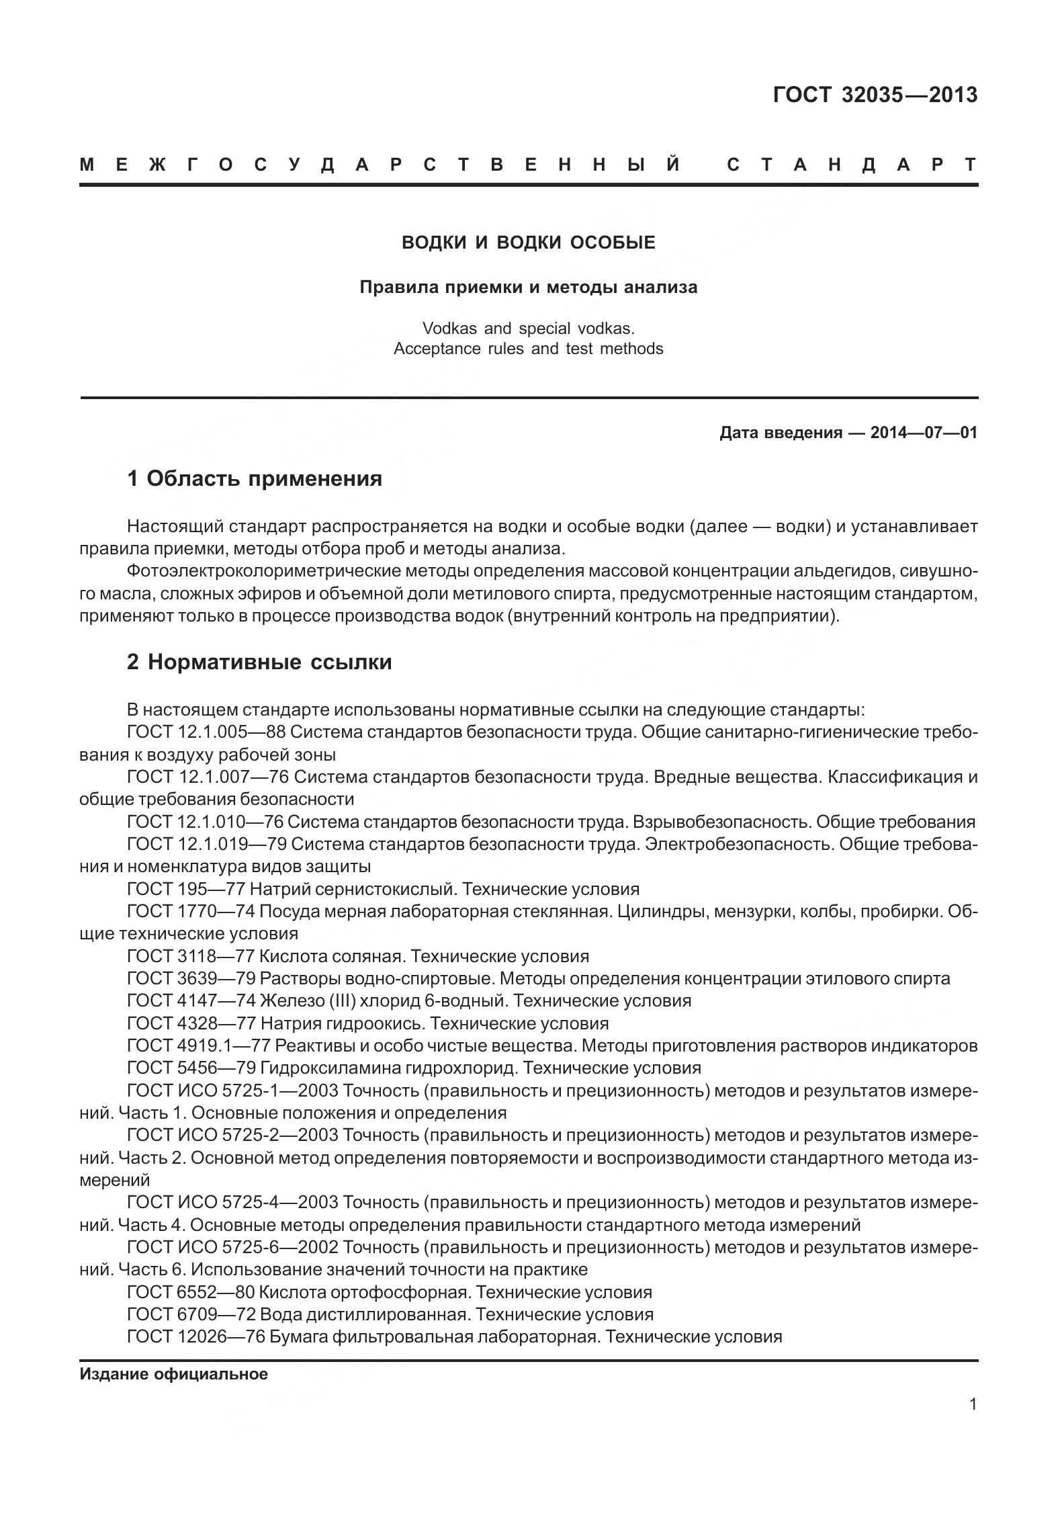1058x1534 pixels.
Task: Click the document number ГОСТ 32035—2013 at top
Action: [x=875, y=95]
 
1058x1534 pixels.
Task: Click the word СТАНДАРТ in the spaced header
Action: [x=852, y=165]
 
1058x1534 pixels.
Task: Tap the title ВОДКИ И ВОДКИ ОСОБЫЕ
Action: [x=528, y=243]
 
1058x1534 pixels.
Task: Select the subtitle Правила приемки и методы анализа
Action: [x=528, y=288]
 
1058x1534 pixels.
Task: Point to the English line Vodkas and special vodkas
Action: [x=528, y=329]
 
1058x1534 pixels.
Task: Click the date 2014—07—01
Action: [x=924, y=433]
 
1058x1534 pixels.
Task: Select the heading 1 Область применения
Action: [x=255, y=479]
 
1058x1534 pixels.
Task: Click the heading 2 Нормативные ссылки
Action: [x=259, y=663]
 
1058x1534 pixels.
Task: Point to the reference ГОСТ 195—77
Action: [x=185, y=890]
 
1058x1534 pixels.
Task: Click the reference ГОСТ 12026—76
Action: [x=195, y=1336]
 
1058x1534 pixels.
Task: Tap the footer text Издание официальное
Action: [x=173, y=1374]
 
